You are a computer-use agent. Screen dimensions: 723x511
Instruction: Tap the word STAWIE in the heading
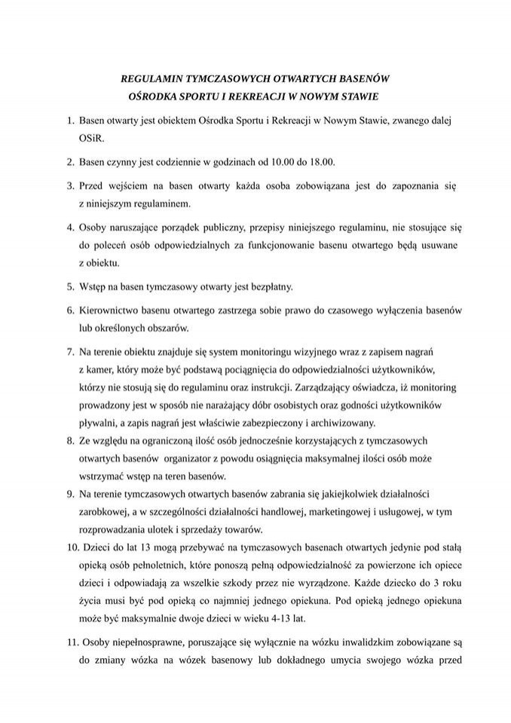tap(360, 96)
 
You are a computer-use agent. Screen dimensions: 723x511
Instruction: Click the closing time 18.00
tap(320, 161)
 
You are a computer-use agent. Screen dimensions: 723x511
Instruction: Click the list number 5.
tap(70, 286)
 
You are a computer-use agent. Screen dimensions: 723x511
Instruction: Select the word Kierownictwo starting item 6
tap(112, 310)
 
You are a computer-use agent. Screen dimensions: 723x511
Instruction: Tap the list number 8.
tap(70, 440)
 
